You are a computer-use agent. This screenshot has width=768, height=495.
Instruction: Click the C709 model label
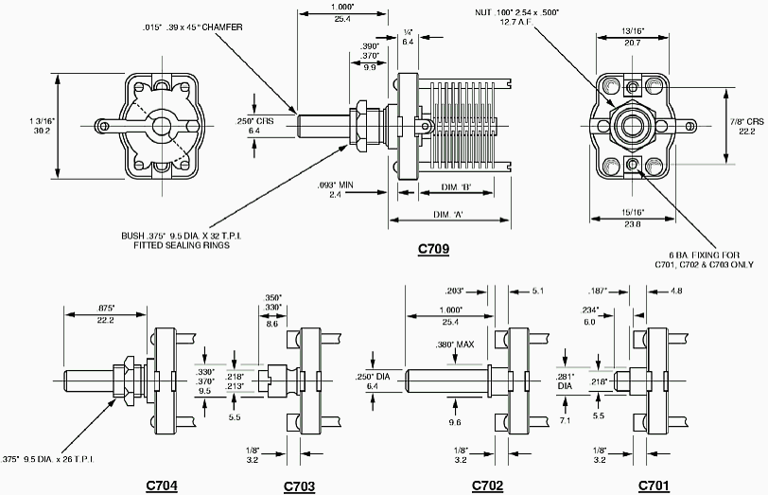[x=433, y=250]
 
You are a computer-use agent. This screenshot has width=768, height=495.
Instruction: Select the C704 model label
[x=162, y=486]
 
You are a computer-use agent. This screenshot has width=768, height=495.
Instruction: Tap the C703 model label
[x=300, y=486]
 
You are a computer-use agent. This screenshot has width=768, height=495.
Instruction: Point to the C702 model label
[x=488, y=486]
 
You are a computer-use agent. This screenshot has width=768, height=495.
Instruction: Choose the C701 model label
[x=654, y=486]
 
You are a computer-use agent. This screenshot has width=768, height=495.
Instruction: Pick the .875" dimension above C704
[x=106, y=308]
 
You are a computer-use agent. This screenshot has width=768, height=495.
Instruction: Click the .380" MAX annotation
[x=455, y=344]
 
